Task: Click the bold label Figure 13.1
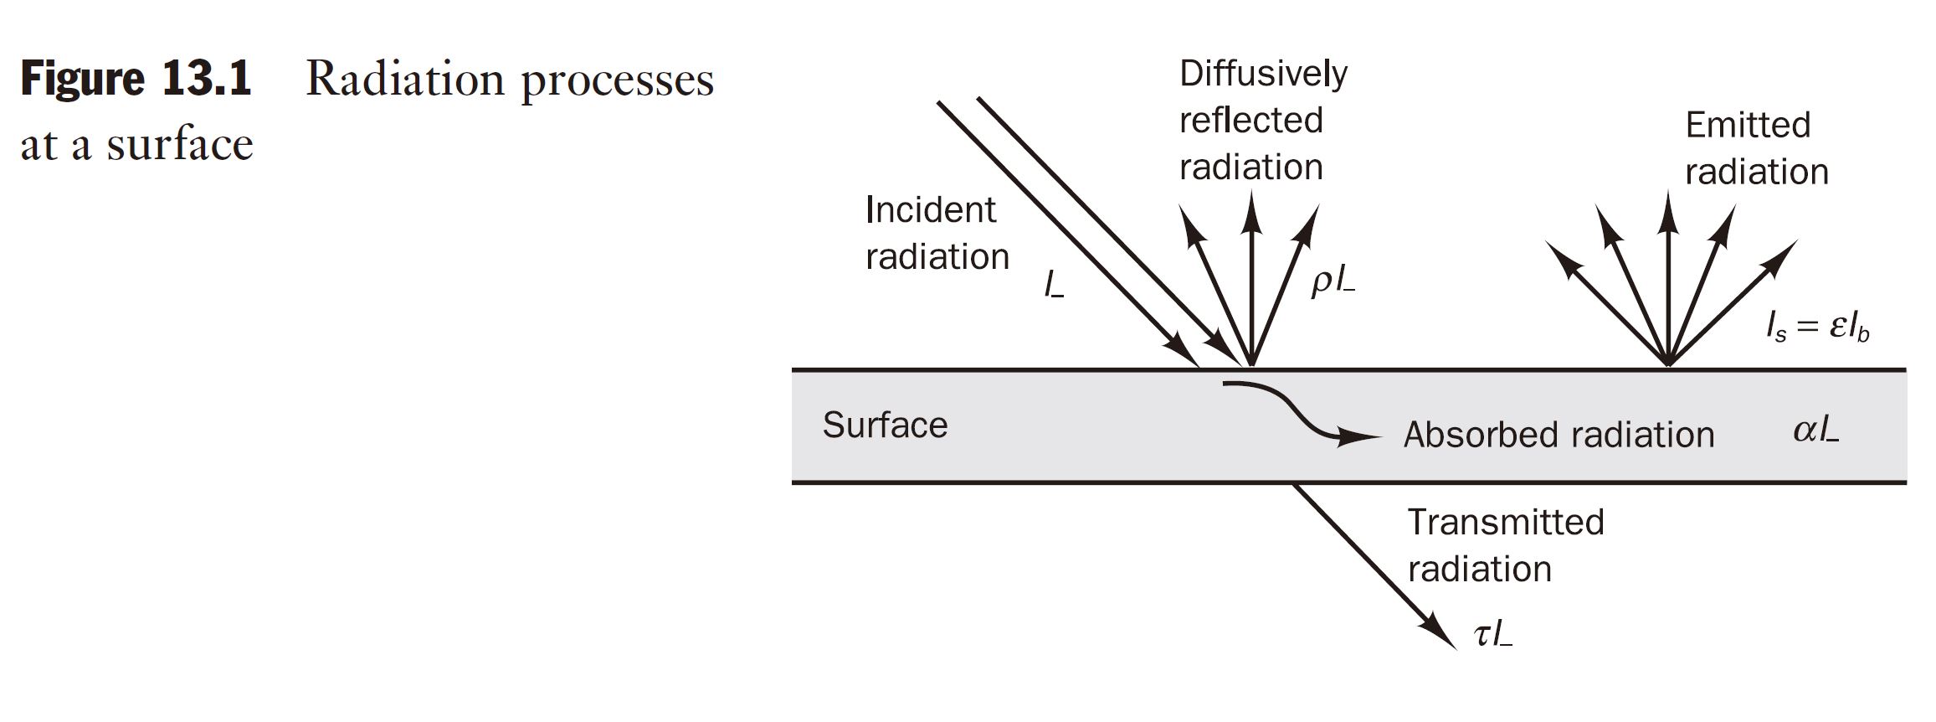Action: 136,80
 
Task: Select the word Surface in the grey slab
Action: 885,425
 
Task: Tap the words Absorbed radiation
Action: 1559,435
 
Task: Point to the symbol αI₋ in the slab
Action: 1815,431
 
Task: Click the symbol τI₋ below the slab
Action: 1493,635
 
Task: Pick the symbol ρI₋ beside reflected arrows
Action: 1333,282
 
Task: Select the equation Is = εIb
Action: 1817,327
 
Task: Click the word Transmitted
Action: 1505,522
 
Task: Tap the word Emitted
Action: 1748,126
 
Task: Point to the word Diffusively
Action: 1263,74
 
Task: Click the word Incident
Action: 930,209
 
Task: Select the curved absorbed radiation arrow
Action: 1297,415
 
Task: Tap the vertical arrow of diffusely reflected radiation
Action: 1251,276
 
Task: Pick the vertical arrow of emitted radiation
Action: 1668,276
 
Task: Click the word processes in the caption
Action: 617,82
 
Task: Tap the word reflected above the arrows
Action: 1250,121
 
